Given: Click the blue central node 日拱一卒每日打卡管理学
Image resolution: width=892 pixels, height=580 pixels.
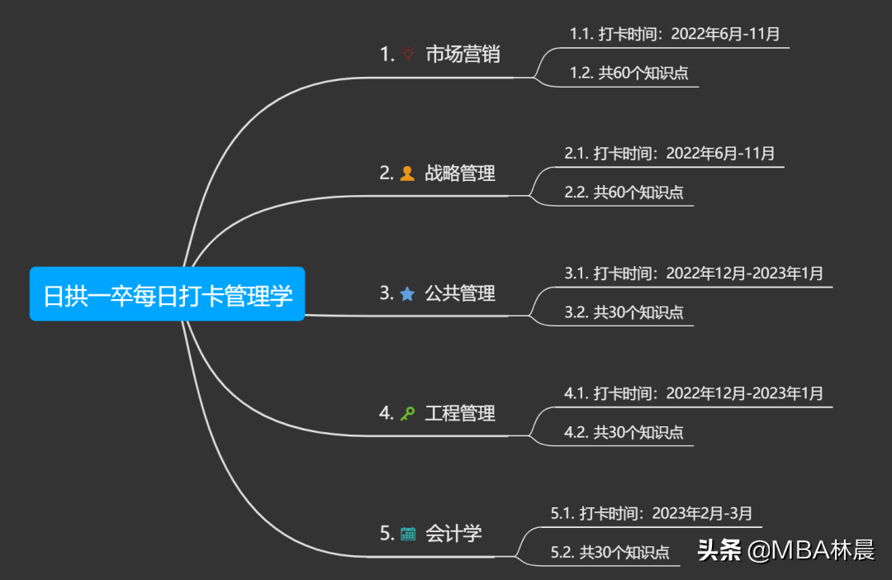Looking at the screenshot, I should [x=168, y=294].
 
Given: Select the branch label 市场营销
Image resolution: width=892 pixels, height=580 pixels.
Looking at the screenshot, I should [x=463, y=55].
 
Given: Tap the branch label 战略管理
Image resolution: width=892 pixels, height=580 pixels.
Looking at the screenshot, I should [x=460, y=174].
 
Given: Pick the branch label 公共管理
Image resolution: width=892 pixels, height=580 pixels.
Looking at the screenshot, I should [x=460, y=293].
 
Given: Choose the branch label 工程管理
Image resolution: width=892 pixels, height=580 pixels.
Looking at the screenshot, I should [x=460, y=413].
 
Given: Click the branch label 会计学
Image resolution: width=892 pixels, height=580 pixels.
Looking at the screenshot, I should [x=453, y=533].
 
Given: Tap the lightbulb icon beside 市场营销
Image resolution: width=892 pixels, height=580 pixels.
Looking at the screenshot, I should [x=408, y=55].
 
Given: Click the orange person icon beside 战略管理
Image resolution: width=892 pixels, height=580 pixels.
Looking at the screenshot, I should [x=407, y=174].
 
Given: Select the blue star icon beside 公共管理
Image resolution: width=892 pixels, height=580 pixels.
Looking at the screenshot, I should [x=407, y=293].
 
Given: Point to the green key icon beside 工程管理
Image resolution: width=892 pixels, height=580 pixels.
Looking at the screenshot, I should [x=407, y=413].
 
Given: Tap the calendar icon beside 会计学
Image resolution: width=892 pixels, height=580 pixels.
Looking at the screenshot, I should [x=408, y=534].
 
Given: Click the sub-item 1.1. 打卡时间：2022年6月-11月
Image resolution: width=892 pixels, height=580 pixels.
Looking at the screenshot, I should [x=675, y=34].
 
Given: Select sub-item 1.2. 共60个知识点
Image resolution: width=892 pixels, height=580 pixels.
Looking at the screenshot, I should [x=629, y=73].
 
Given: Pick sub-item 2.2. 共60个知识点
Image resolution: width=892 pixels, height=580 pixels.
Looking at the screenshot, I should [x=624, y=193].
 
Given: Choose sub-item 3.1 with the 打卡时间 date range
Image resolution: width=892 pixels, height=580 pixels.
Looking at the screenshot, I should [x=694, y=273].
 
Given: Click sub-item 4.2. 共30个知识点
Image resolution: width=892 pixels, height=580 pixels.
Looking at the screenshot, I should [x=624, y=432].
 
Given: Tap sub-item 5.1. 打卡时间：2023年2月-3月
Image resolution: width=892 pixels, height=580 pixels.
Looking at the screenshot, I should [x=652, y=513].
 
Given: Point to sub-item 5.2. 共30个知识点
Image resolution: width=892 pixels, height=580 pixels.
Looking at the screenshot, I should [x=610, y=552].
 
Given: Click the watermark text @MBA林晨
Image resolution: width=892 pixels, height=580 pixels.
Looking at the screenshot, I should [x=811, y=551].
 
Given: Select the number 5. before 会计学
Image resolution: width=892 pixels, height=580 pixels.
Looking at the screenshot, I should [x=387, y=534].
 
